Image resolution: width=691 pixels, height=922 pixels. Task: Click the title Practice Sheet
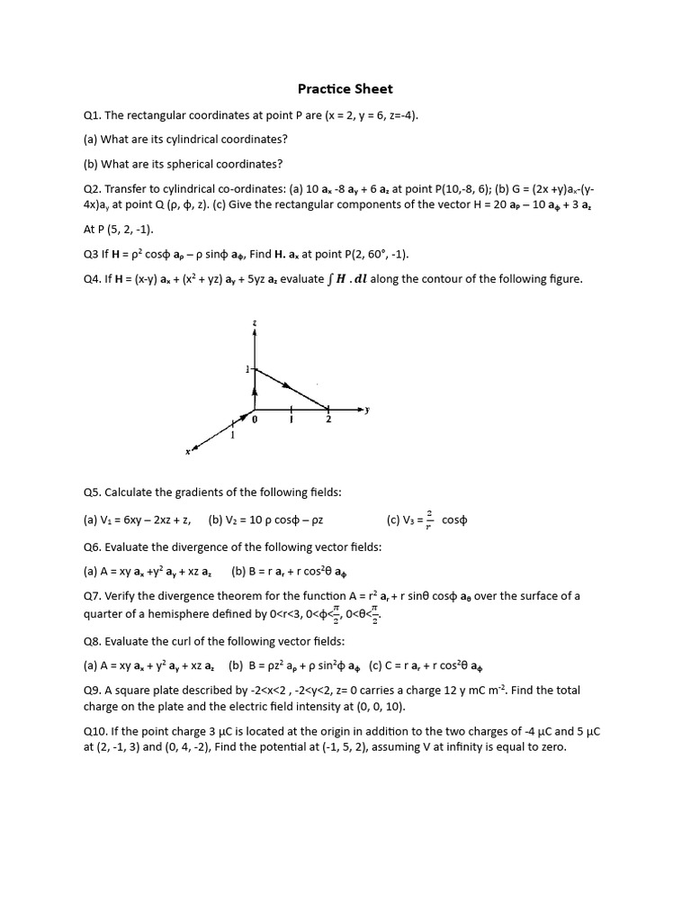click(x=345, y=89)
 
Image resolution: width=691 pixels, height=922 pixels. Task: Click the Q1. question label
click(x=93, y=115)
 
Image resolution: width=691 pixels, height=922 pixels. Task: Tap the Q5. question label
click(x=93, y=493)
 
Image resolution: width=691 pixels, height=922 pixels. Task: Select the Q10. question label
click(x=95, y=731)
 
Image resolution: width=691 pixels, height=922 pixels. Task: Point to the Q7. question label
click(x=93, y=596)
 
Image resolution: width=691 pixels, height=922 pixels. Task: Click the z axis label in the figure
click(x=255, y=321)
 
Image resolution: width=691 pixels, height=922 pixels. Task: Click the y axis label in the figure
click(x=367, y=410)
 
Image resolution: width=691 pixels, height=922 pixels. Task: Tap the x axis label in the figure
click(x=188, y=452)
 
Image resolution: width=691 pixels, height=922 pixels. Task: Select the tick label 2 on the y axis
click(x=328, y=420)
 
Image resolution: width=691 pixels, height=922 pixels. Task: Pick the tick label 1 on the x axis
click(x=232, y=436)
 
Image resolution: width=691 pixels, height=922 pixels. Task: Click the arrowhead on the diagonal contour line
click(x=287, y=386)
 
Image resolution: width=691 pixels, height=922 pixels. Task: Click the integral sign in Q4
click(x=329, y=279)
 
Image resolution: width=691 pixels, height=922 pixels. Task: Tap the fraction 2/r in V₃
click(x=429, y=520)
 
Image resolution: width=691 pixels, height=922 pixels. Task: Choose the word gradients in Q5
click(x=184, y=493)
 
